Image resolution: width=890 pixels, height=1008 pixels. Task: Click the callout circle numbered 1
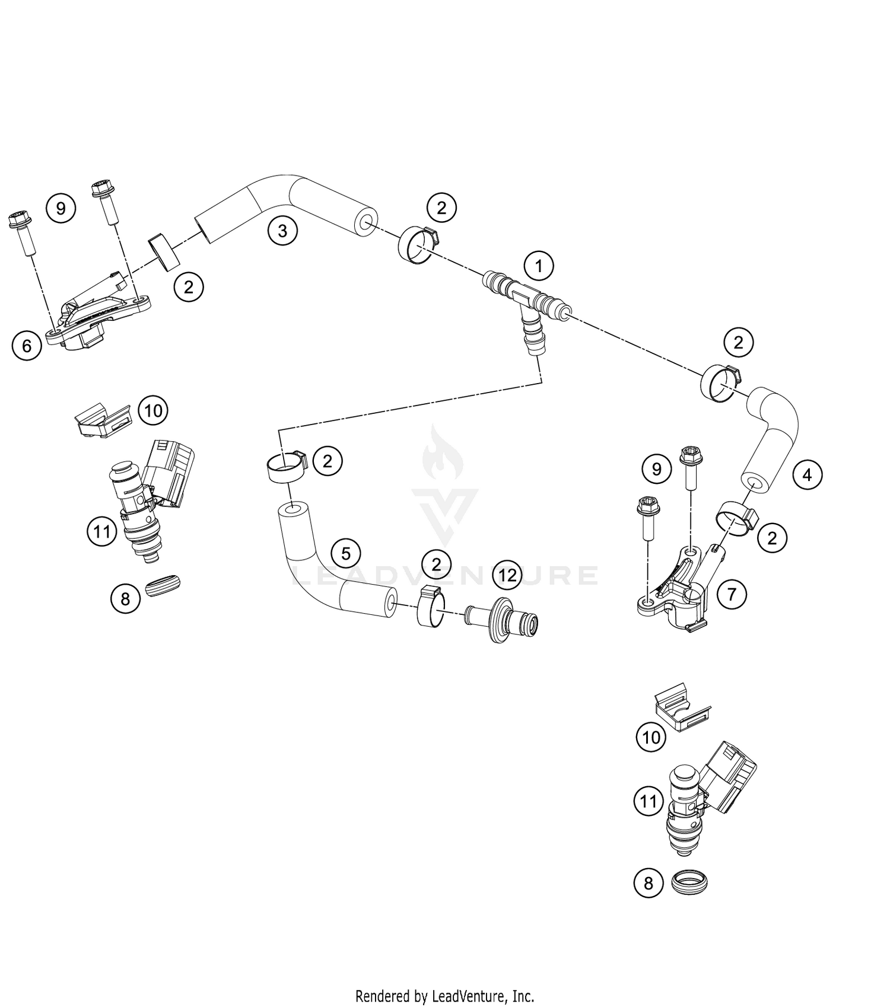tap(539, 266)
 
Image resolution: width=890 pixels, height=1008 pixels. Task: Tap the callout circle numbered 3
tap(282, 230)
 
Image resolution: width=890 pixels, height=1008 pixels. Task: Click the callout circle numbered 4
tap(808, 474)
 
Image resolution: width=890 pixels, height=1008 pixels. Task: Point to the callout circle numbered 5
tap(346, 553)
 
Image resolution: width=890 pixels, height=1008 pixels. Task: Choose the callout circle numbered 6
tap(27, 345)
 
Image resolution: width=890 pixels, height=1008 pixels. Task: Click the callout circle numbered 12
tap(508, 575)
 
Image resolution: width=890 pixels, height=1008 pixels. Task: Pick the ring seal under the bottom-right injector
tap(690, 882)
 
